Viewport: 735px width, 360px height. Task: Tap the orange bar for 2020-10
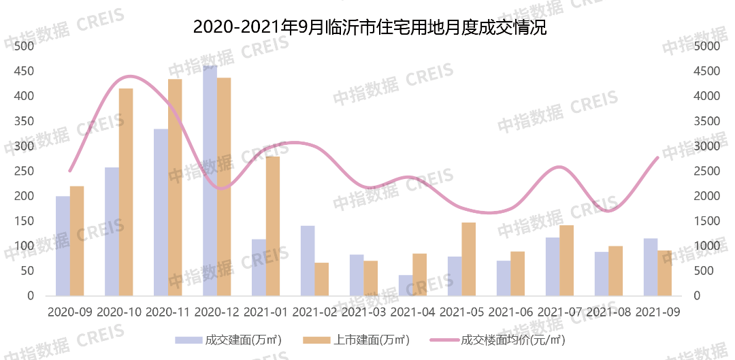pos(126,192)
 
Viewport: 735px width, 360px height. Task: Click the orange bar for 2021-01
pos(273,226)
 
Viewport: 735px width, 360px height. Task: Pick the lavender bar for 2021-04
pos(406,285)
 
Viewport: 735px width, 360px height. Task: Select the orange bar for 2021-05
pos(469,259)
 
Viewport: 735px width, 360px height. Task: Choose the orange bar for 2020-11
pos(175,187)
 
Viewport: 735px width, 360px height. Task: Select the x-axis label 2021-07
pos(560,312)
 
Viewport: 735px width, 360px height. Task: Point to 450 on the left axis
pos(24,71)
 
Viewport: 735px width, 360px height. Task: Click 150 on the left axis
pos(24,221)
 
